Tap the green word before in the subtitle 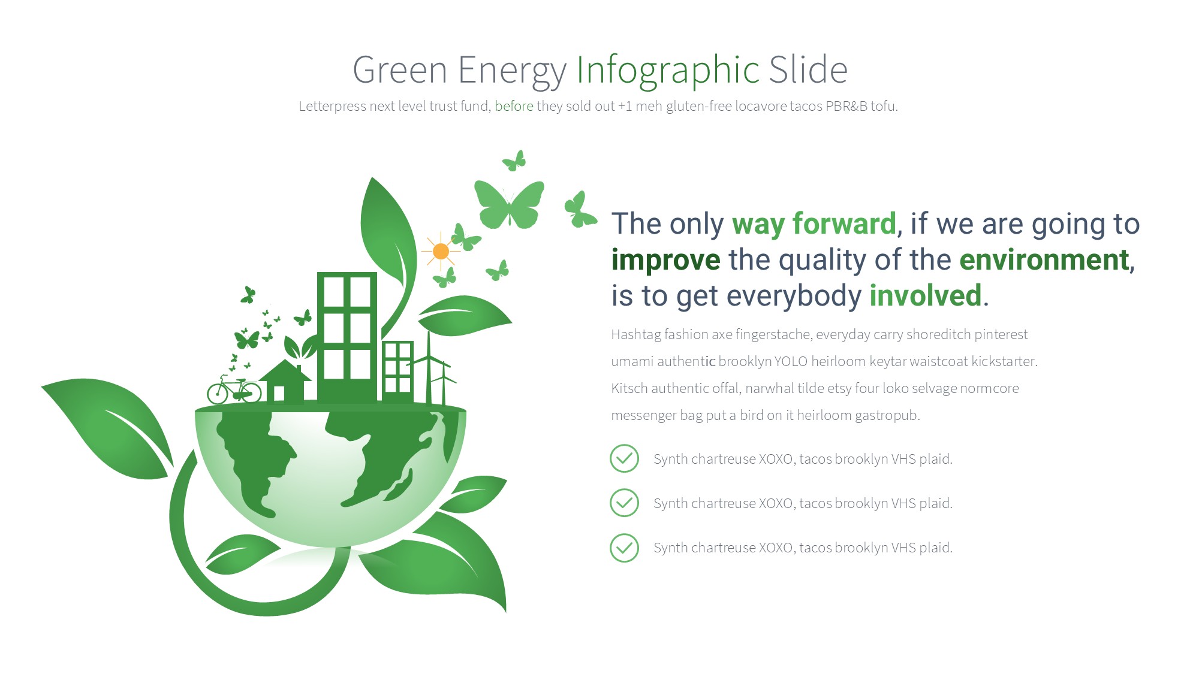tap(514, 106)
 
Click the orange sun tap(441, 251)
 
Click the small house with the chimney tap(285, 382)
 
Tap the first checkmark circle tap(624, 459)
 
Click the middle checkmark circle tap(624, 503)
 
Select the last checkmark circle tap(624, 548)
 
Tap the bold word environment tap(1044, 260)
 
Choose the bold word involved tap(926, 296)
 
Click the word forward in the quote tap(844, 224)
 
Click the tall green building tap(347, 337)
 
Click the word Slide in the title tap(808, 69)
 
